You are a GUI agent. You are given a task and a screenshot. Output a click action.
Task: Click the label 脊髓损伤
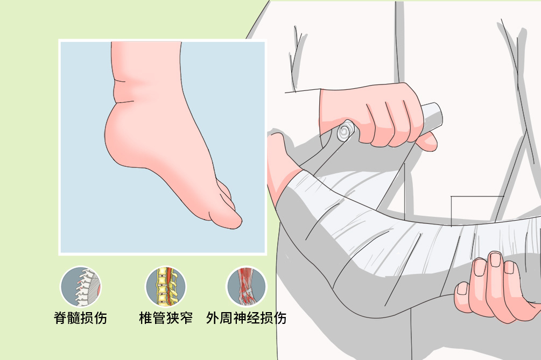tap(80, 317)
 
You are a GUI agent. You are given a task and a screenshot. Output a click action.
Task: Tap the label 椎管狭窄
tap(166, 317)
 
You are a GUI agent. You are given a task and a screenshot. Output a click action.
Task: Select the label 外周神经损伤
tap(246, 317)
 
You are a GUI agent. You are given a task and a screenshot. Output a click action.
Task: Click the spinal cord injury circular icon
tap(81, 287)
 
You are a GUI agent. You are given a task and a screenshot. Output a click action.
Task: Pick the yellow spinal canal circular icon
tap(166, 286)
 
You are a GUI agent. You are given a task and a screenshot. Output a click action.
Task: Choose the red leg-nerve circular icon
tap(247, 286)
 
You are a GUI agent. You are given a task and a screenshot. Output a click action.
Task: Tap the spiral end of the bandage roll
tap(345, 131)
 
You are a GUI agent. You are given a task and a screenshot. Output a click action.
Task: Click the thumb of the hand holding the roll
tap(427, 142)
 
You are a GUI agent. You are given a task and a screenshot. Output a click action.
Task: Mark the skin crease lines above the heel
tap(123, 91)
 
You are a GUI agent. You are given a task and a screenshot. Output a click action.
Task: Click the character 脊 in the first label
tap(60, 317)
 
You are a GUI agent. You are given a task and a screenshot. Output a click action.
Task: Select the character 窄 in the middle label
tap(186, 317)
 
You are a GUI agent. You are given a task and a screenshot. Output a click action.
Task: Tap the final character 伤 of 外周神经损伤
tap(280, 317)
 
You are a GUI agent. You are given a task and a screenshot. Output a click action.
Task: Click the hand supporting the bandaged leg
tap(497, 290)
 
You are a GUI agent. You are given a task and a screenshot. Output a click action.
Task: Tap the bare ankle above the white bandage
tap(279, 162)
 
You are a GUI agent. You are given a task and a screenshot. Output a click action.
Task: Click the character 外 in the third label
tap(213, 317)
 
